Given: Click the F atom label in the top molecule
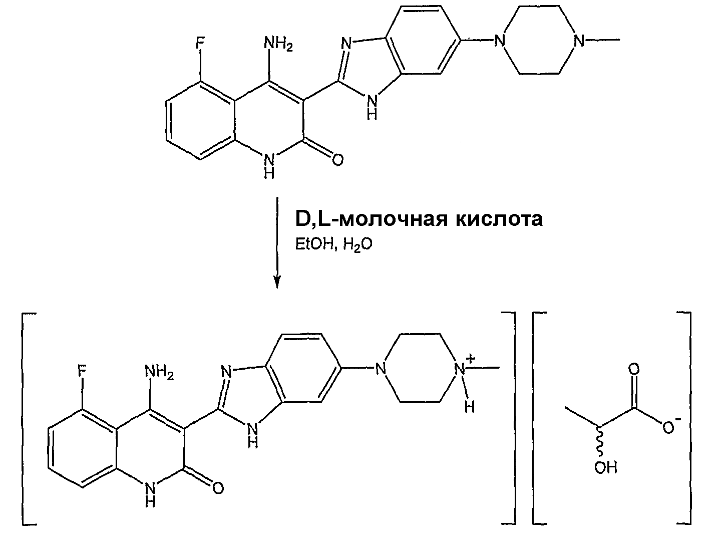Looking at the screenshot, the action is pyautogui.click(x=200, y=43).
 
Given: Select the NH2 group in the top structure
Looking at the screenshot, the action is pyautogui.click(x=278, y=43).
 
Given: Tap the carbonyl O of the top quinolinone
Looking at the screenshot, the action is pyautogui.click(x=337, y=160).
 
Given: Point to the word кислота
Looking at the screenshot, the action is pyautogui.click(x=499, y=219).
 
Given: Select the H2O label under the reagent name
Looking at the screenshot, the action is pyautogui.click(x=357, y=245).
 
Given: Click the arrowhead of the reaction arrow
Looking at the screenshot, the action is pyautogui.click(x=277, y=282).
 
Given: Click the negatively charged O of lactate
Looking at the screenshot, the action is pyautogui.click(x=668, y=428).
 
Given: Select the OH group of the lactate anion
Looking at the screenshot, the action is pyautogui.click(x=606, y=467).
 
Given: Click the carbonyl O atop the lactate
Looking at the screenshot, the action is pyautogui.click(x=633, y=369).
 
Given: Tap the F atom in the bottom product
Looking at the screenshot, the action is pyautogui.click(x=82, y=372).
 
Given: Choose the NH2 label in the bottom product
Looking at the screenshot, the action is pyautogui.click(x=159, y=373).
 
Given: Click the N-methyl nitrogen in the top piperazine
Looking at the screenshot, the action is pyautogui.click(x=578, y=41).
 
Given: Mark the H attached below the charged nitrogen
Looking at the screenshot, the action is pyautogui.click(x=470, y=407).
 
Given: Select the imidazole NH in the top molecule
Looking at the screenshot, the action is pyautogui.click(x=372, y=106).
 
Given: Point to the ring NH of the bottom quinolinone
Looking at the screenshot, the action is pyautogui.click(x=150, y=493).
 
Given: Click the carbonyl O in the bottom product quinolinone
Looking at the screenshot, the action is pyautogui.click(x=218, y=488).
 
